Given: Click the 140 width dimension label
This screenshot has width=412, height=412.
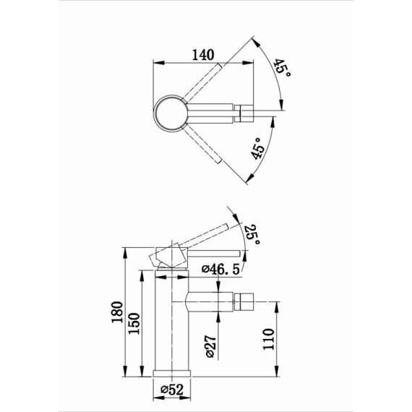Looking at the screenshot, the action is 203,55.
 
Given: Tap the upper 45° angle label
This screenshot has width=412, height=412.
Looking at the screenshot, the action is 282,68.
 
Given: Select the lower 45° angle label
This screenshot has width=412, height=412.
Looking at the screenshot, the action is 257,149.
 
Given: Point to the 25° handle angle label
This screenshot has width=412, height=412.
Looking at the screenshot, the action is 253,235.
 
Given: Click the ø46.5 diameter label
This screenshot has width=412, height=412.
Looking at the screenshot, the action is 220,270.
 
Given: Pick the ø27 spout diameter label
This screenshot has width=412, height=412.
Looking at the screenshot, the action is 210,346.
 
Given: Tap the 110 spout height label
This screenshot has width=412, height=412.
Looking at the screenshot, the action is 268,339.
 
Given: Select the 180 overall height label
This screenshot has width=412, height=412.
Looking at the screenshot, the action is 117,312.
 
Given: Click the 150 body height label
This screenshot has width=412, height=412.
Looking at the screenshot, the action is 134,323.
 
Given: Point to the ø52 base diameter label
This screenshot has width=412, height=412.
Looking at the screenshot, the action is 172,390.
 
